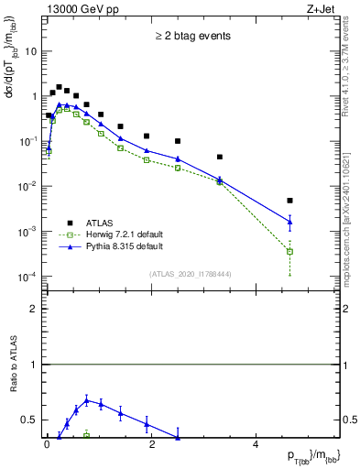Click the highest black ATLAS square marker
pos(59,87)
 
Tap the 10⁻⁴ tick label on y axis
pos(27,276)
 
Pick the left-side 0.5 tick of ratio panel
pos(30,420)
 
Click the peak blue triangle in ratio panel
pos(86,400)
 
